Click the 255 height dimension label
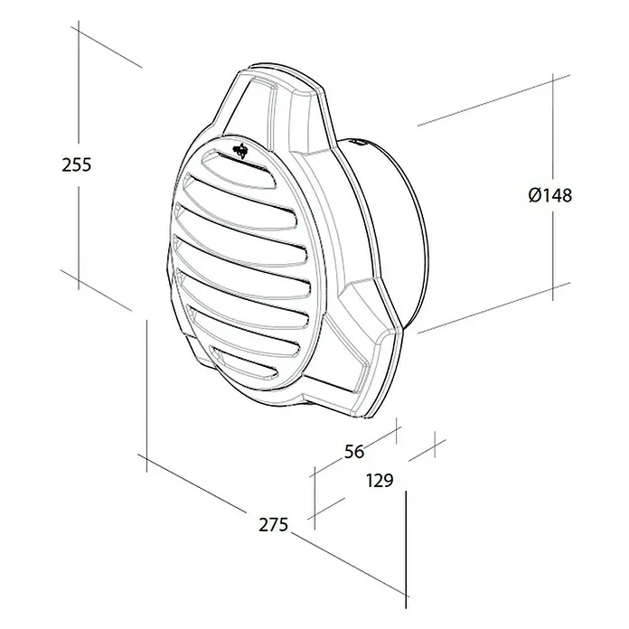point(77,164)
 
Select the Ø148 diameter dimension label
point(550,195)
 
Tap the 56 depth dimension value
point(354,452)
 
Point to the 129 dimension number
point(380,480)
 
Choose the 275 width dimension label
point(273,525)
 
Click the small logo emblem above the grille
point(240,150)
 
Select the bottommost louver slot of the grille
point(244,363)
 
